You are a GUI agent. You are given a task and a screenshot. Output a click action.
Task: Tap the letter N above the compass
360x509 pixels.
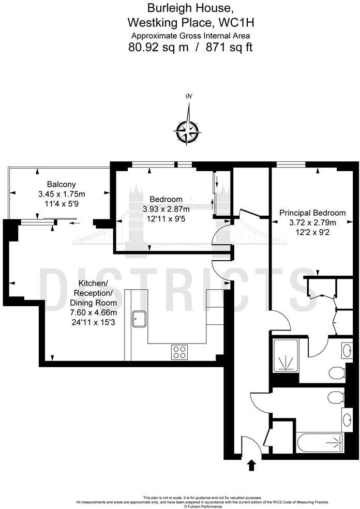(189, 97)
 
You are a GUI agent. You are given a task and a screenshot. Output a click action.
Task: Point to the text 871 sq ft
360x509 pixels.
(229, 48)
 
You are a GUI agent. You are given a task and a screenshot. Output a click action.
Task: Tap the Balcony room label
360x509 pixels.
(62, 184)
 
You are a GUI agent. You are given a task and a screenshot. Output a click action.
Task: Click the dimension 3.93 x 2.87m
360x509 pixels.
(166, 209)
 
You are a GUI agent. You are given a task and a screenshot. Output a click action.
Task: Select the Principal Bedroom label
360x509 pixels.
(312, 213)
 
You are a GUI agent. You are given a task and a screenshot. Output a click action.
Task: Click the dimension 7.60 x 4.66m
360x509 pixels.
(94, 312)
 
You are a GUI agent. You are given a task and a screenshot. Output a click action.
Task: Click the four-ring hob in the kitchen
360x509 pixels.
(179, 352)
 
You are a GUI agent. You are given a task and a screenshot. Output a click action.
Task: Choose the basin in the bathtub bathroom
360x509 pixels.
(346, 419)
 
